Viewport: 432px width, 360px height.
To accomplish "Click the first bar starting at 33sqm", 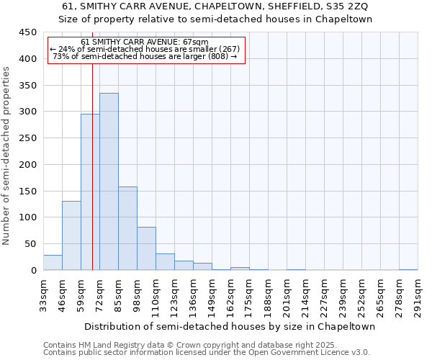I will coord(53,263).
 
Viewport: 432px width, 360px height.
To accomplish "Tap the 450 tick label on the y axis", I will coord(27,32).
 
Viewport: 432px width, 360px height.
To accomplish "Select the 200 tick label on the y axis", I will coord(27,165).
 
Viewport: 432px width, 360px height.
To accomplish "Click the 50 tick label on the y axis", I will coord(30,244).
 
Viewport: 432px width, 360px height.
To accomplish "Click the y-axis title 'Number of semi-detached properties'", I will coord(7,155).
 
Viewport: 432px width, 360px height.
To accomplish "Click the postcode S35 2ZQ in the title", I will coord(338,6).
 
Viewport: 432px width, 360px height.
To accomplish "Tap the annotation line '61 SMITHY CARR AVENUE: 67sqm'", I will coord(145,42).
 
